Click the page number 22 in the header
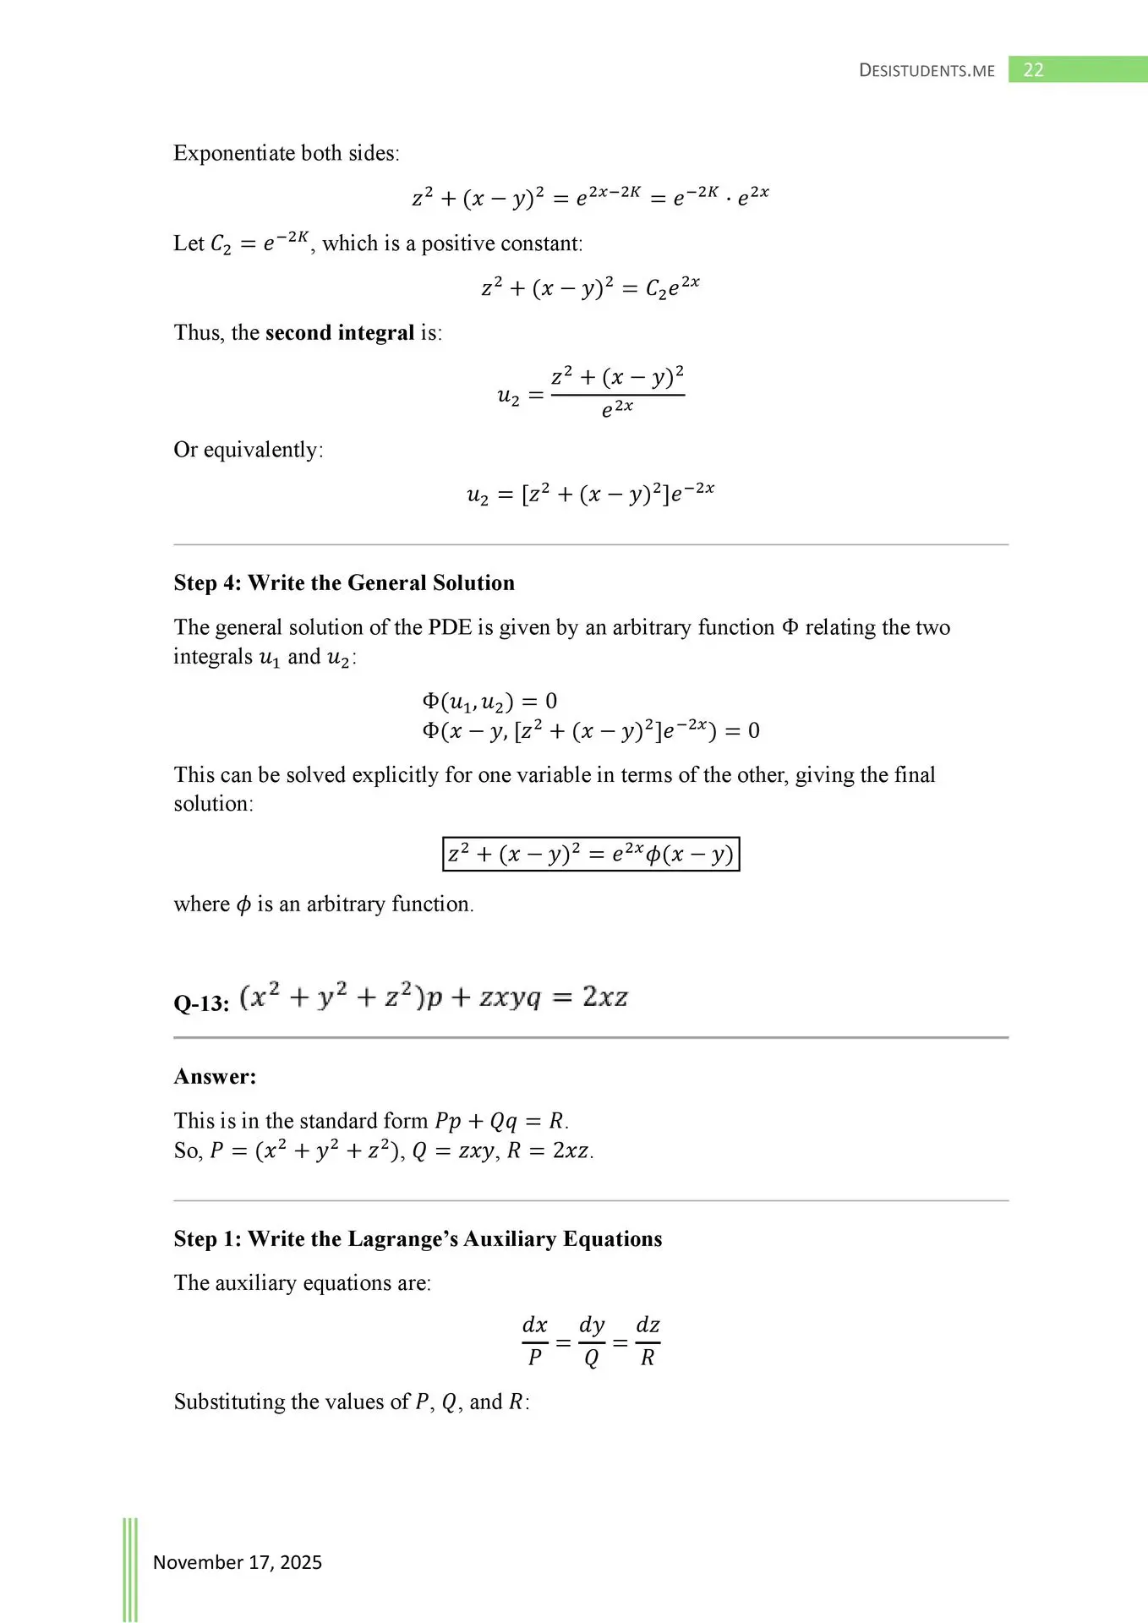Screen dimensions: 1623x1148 coord(1033,70)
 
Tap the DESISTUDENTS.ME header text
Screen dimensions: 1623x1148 coord(927,71)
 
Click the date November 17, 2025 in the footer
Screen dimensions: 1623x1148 coord(237,1561)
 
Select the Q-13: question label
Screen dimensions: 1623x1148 coord(201,1003)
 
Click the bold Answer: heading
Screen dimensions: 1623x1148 coord(215,1076)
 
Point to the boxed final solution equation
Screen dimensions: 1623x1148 coord(591,854)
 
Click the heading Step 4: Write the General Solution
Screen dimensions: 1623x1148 coord(344,582)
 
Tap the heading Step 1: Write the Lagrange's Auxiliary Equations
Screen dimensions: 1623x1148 coord(418,1238)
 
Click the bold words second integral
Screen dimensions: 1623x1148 coord(340,332)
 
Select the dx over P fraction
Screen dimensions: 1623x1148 coord(535,1341)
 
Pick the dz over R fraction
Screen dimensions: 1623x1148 coord(648,1341)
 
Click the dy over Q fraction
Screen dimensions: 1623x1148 coord(592,1341)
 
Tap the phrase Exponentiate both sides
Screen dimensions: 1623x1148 coord(286,153)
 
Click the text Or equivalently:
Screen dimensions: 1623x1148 coord(249,449)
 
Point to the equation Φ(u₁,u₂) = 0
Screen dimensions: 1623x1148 coord(489,701)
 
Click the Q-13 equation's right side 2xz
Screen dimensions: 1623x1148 coord(604,997)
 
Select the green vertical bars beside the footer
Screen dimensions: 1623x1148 coord(130,1568)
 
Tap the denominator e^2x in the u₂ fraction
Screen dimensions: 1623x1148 coord(617,409)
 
